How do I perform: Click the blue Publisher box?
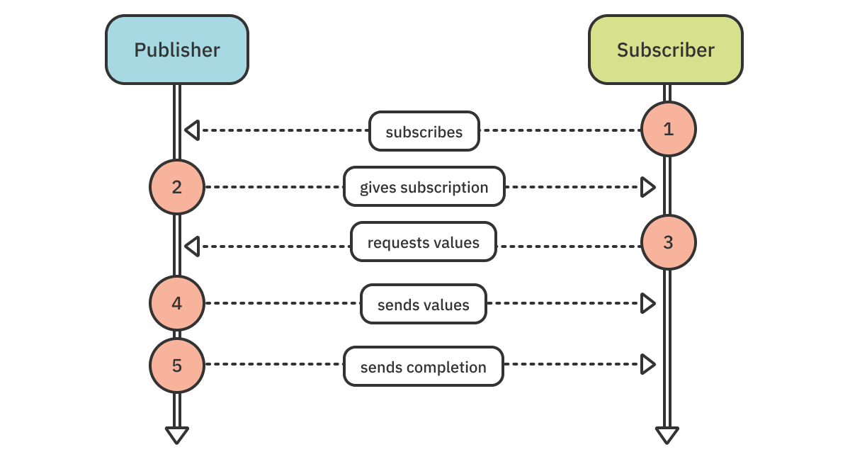pos(177,50)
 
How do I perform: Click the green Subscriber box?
pos(666,50)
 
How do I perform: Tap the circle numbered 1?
pos(669,129)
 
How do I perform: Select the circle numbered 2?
pos(177,187)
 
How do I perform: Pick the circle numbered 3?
pos(669,242)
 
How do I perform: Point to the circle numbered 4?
pos(177,303)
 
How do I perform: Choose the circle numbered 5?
pos(177,365)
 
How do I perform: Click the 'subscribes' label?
pos(424,131)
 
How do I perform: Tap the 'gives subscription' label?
pos(424,187)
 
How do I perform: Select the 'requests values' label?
pos(424,242)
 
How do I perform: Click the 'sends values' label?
pos(424,305)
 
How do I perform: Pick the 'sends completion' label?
pos(424,367)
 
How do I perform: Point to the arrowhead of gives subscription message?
pos(647,187)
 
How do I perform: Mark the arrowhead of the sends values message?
pos(647,303)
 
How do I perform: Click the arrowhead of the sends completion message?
pos(647,364)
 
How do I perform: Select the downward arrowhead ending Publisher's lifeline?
pos(177,434)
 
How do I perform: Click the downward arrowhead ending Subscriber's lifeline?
pos(667,434)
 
